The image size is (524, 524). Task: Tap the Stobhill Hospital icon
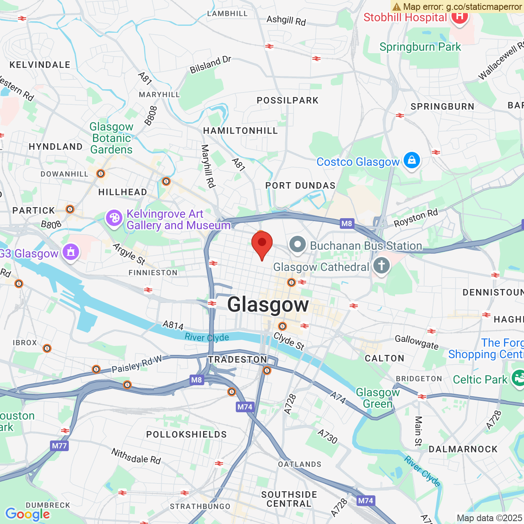[459, 17]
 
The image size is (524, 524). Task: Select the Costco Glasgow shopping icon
[411, 161]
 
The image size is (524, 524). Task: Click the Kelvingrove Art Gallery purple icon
[114, 218]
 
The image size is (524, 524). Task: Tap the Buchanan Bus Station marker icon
[298, 245]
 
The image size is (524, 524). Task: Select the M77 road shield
[59, 446]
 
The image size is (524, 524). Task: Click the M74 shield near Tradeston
[245, 407]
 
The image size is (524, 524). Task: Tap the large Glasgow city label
[268, 305]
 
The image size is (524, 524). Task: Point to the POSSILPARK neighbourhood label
[287, 101]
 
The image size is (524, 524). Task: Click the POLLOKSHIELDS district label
[186, 434]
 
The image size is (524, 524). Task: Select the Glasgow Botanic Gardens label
[111, 138]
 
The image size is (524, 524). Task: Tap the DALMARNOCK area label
[463, 449]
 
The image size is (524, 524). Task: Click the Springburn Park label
[420, 47]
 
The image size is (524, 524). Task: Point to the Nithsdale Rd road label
[136, 456]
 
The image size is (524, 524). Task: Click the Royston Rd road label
[416, 218]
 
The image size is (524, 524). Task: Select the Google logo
[27, 514]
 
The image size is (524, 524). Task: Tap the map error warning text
[458, 7]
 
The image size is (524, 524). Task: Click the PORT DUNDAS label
[300, 186]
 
